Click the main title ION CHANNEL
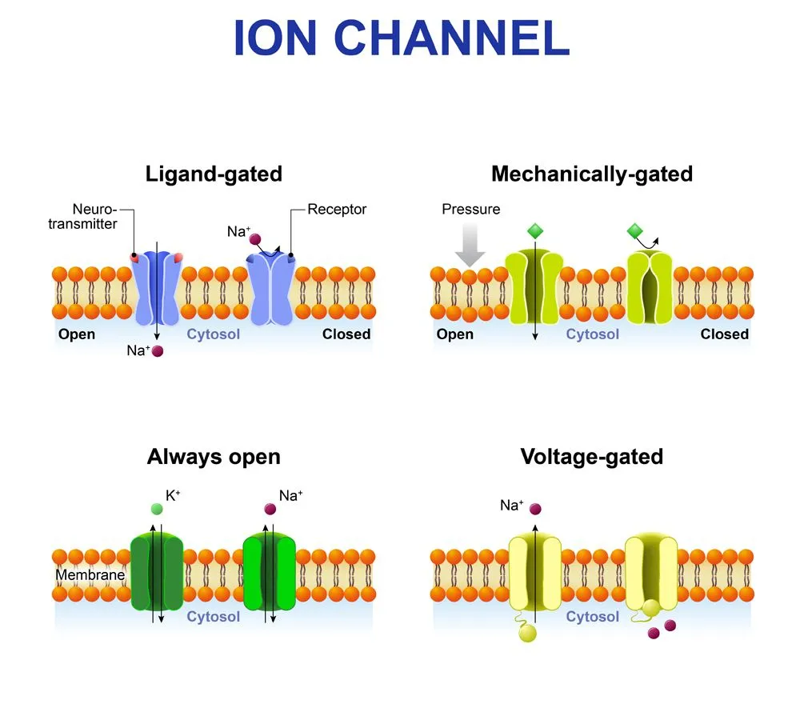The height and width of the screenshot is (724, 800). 401,38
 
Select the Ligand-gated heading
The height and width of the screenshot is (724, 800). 214,174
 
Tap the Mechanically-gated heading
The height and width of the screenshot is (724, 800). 592,174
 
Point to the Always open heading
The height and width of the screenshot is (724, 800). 214,457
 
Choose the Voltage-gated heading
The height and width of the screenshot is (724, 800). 592,457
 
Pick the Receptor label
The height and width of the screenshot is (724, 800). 337,210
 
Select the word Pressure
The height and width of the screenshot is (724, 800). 470,210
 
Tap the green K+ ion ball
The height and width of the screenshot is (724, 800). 155,508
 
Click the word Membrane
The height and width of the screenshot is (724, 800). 90,574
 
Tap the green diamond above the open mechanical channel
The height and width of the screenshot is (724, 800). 535,232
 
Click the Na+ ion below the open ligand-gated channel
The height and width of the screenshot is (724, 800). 158,351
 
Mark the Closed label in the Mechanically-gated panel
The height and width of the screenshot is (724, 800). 724,334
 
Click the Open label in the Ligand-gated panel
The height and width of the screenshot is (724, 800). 77,334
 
